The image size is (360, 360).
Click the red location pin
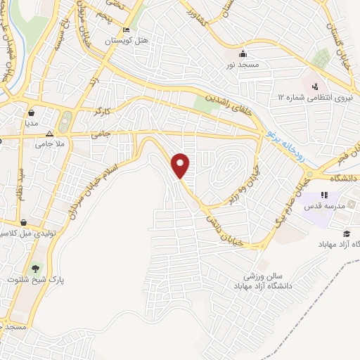click(x=181, y=165)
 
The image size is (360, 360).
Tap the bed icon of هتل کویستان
click(x=126, y=30)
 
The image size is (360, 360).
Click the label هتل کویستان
click(x=127, y=41)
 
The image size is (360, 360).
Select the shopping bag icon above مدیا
click(x=32, y=112)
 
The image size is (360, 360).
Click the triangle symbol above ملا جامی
click(x=49, y=132)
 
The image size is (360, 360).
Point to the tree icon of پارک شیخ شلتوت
click(x=34, y=268)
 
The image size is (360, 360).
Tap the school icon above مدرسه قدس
click(x=324, y=195)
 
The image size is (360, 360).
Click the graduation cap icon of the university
click(x=346, y=233)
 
